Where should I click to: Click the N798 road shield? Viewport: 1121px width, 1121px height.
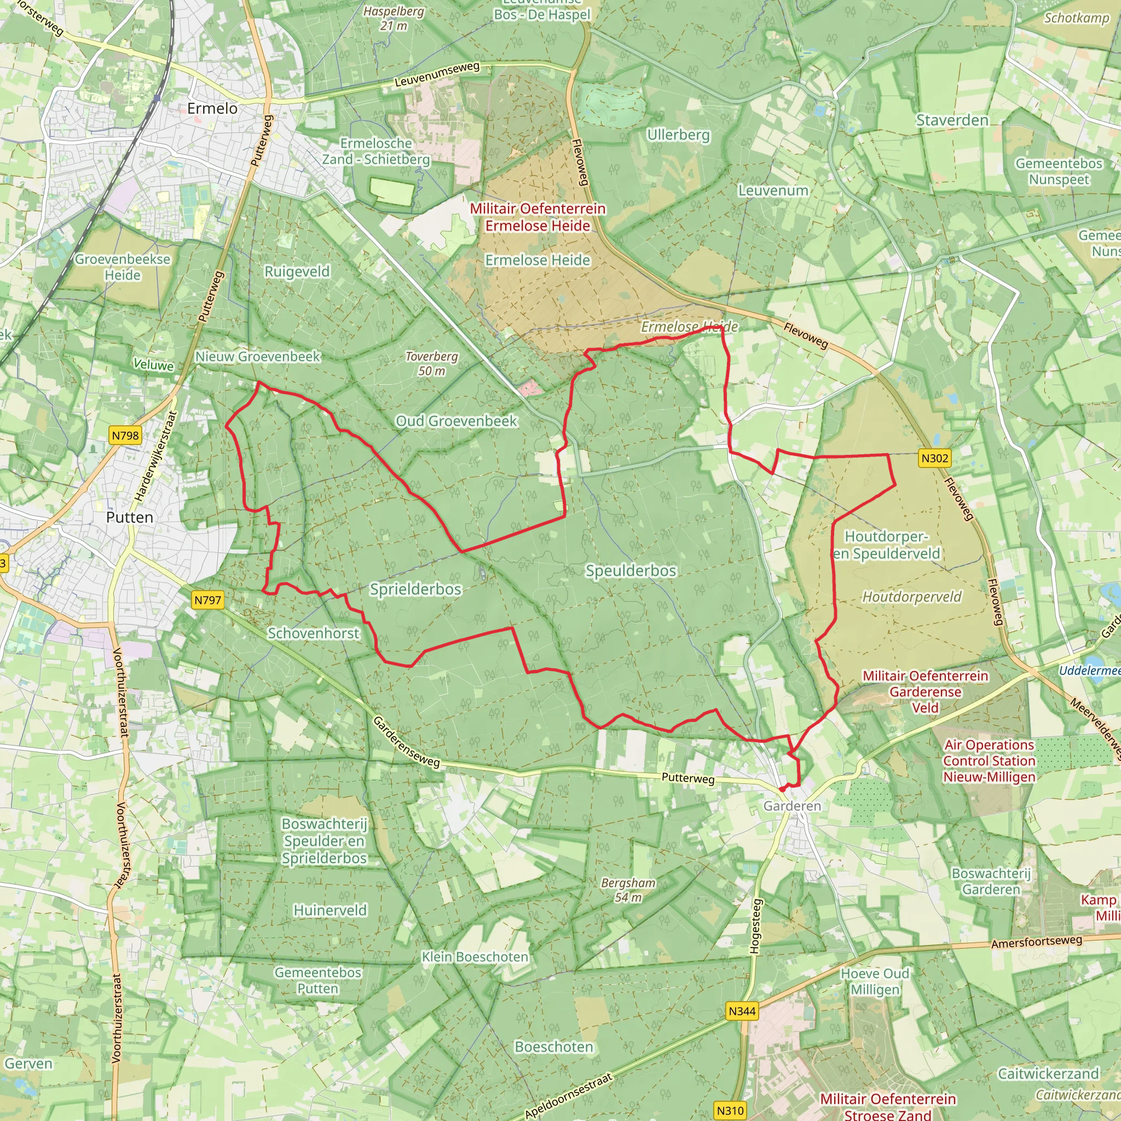[x=125, y=435]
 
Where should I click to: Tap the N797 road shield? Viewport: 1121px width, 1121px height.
[x=207, y=600]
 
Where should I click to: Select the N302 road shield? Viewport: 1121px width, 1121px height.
[x=935, y=458]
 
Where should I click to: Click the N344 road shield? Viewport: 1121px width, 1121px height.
[x=742, y=1011]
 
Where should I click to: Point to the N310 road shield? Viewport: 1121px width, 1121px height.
[x=730, y=1111]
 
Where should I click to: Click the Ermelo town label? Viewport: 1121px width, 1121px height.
[x=212, y=108]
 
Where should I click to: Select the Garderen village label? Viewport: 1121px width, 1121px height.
[x=792, y=806]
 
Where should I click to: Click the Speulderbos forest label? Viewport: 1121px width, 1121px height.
[x=631, y=571]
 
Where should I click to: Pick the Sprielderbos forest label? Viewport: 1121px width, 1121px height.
[x=415, y=589]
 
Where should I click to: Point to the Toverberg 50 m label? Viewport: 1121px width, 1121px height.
[x=432, y=363]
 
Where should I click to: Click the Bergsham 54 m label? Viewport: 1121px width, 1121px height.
[x=628, y=890]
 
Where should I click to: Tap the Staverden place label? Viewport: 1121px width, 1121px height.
[x=952, y=120]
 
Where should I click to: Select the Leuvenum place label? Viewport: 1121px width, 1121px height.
[x=773, y=190]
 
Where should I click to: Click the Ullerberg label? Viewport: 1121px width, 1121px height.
[x=678, y=135]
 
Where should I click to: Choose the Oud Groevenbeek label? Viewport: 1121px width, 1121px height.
[x=456, y=421]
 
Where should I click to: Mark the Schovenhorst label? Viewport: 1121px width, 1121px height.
[x=313, y=633]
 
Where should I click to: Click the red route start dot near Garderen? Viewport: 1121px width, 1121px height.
[x=782, y=789]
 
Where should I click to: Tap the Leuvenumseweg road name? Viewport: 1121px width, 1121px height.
[x=437, y=75]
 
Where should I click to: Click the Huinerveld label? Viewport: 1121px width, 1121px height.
[x=330, y=910]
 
